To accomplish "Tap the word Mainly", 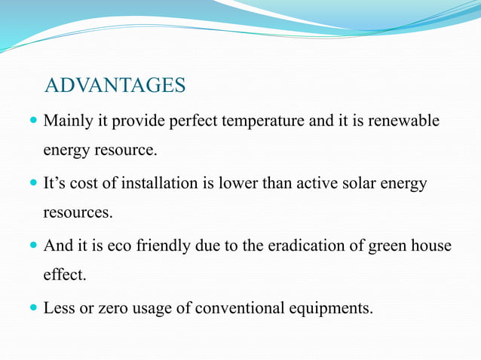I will (x=66, y=121).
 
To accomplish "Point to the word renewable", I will (x=402, y=121).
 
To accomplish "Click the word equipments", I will (x=336, y=308).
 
